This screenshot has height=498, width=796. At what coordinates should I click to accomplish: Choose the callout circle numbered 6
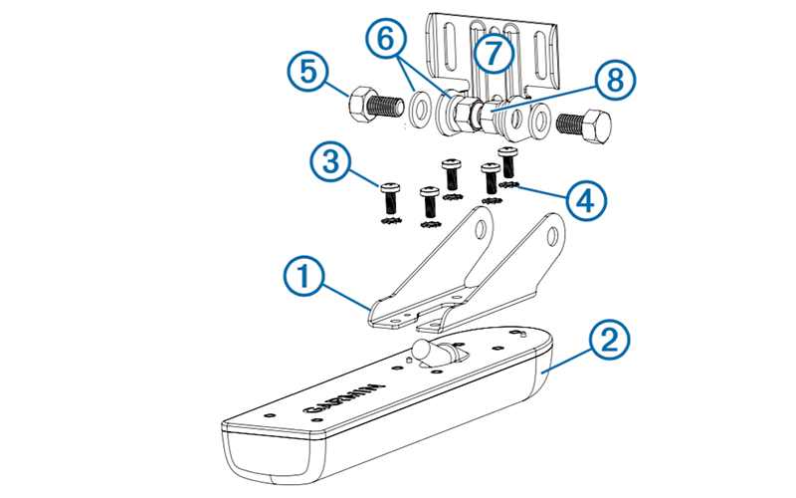(388, 43)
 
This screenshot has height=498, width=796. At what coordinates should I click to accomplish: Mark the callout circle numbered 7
(493, 53)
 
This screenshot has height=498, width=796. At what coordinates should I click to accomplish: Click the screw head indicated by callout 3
(390, 185)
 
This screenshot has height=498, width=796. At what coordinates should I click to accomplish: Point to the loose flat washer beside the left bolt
(419, 107)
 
